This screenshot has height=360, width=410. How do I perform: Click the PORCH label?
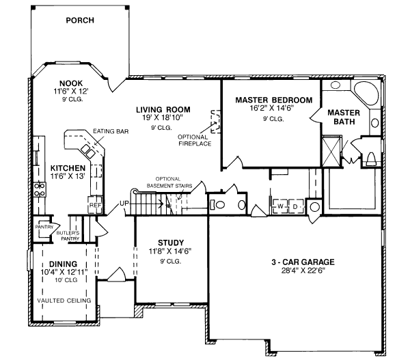click(80, 20)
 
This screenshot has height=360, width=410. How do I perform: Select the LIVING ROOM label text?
click(163, 109)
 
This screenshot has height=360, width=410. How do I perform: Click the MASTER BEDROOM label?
click(273, 100)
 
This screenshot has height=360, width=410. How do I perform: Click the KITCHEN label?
click(68, 168)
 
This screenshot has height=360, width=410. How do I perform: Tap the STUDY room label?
click(170, 242)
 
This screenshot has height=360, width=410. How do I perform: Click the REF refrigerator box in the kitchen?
click(94, 204)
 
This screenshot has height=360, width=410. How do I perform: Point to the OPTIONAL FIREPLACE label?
click(197, 140)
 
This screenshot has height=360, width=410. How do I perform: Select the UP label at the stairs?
click(125, 204)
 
